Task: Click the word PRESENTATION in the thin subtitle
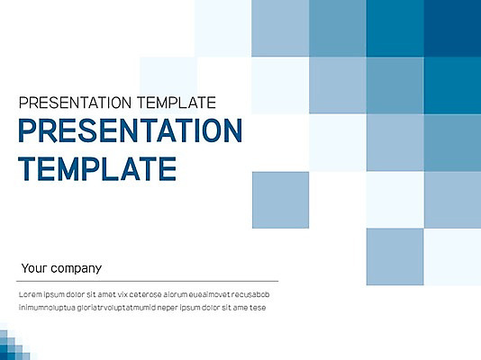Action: point(75,103)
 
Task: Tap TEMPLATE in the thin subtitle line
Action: point(177,103)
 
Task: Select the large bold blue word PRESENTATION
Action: point(131,130)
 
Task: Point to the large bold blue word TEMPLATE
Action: point(97,168)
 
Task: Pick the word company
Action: point(76,269)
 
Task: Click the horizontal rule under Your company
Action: point(147,281)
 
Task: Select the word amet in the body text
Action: point(107,294)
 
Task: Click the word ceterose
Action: point(145,294)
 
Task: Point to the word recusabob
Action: point(250,294)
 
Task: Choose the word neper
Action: point(168,308)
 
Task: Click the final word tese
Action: point(258,308)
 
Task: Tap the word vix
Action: point(123,294)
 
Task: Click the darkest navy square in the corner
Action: point(452,28)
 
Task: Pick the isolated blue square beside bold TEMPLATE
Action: point(280,200)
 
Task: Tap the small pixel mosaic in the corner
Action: point(14,344)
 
